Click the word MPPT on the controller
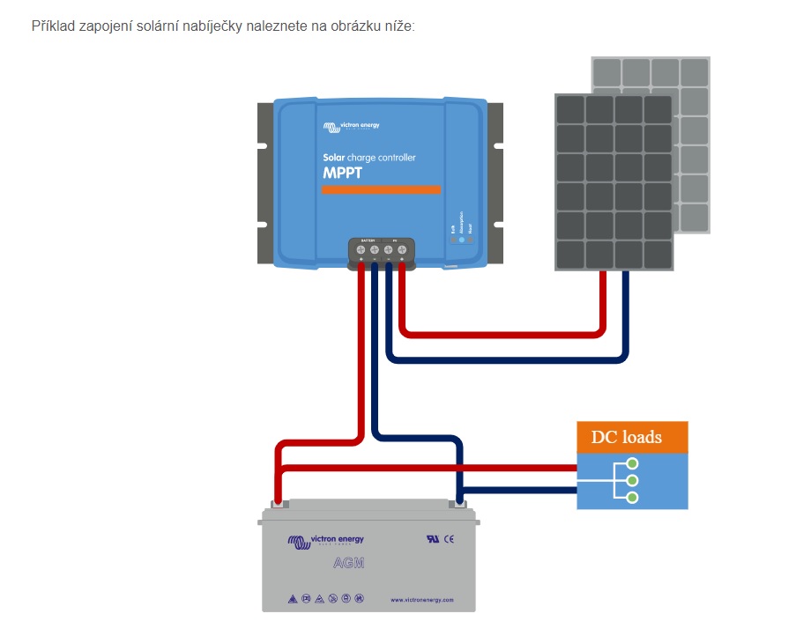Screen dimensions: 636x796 tap(342, 173)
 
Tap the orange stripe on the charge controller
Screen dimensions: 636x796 tap(381, 189)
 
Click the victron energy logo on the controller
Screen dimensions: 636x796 tap(351, 127)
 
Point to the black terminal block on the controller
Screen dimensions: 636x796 tap(382, 251)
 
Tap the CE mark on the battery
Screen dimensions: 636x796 tap(449, 538)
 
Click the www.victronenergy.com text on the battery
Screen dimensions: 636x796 tap(421, 600)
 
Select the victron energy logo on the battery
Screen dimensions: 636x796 tap(325, 541)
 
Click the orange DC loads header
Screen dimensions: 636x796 tap(632, 437)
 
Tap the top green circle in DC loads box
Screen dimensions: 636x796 tap(632, 463)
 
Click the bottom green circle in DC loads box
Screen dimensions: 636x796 tap(632, 498)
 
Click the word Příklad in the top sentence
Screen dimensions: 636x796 tap(51, 26)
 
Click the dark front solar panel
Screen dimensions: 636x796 tap(614, 181)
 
